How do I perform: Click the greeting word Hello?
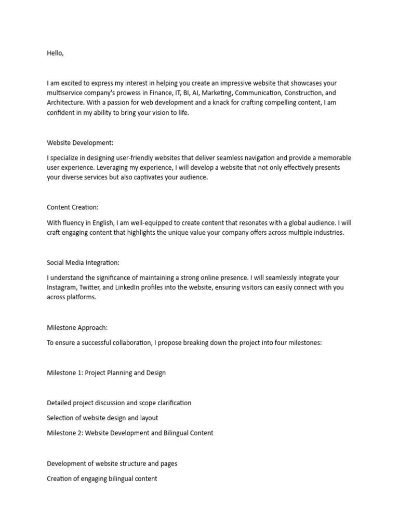point(55,53)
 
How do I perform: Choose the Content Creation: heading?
point(72,207)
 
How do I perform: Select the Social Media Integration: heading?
point(83,263)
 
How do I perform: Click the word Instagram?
point(63,288)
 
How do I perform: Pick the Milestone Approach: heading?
point(77,328)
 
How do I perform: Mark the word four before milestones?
point(285,343)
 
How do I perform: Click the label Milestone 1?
point(64,373)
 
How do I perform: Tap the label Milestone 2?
point(65,433)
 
